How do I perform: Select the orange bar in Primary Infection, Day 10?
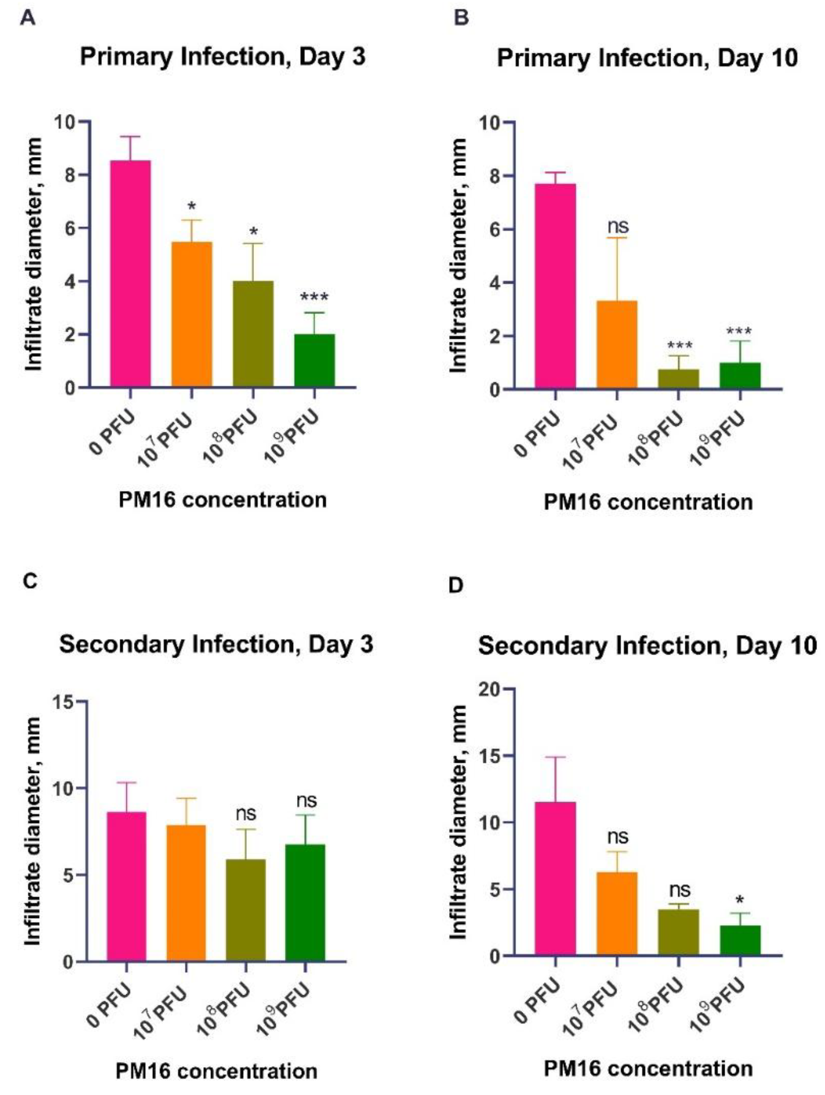[616, 344]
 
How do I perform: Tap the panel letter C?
[30, 581]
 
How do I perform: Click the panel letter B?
[461, 18]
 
